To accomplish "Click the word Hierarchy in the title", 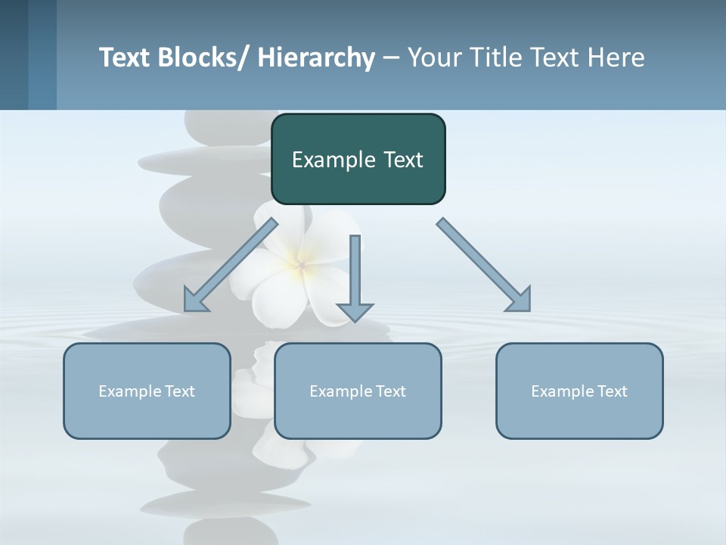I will coord(316,58).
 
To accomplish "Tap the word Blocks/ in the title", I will coord(203,58).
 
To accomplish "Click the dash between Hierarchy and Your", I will coord(391,58).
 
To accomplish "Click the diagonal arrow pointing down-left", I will coord(231,265).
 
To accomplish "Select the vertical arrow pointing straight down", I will coord(355,272).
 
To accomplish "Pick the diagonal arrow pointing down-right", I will coord(484,265).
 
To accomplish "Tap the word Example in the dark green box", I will coord(334,160).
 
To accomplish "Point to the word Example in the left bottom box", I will coord(129,391).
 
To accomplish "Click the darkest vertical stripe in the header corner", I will coord(14,54).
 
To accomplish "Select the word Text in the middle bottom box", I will coord(389,391).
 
